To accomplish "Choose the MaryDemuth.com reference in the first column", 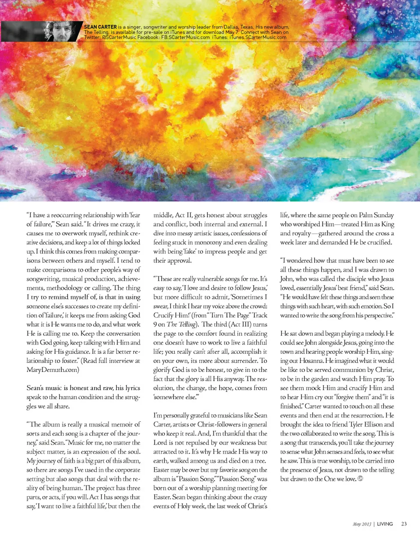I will click(x=53, y=369).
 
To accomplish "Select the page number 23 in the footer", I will click(x=404, y=524).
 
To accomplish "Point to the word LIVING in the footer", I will click(x=385, y=524).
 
